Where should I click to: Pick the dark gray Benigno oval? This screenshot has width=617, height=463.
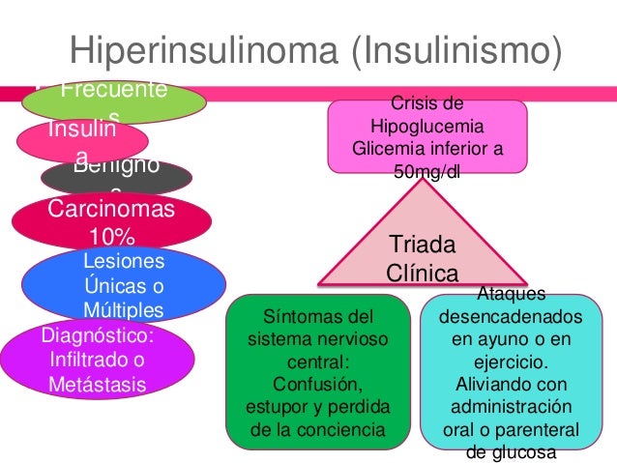(116, 177)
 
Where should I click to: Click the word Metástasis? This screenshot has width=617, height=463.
(96, 384)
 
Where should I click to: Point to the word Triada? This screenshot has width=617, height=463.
(422, 243)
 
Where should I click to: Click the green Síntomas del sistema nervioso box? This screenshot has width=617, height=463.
(317, 371)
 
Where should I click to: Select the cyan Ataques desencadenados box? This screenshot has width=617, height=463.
(510, 372)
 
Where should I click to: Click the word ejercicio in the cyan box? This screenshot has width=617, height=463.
(510, 362)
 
